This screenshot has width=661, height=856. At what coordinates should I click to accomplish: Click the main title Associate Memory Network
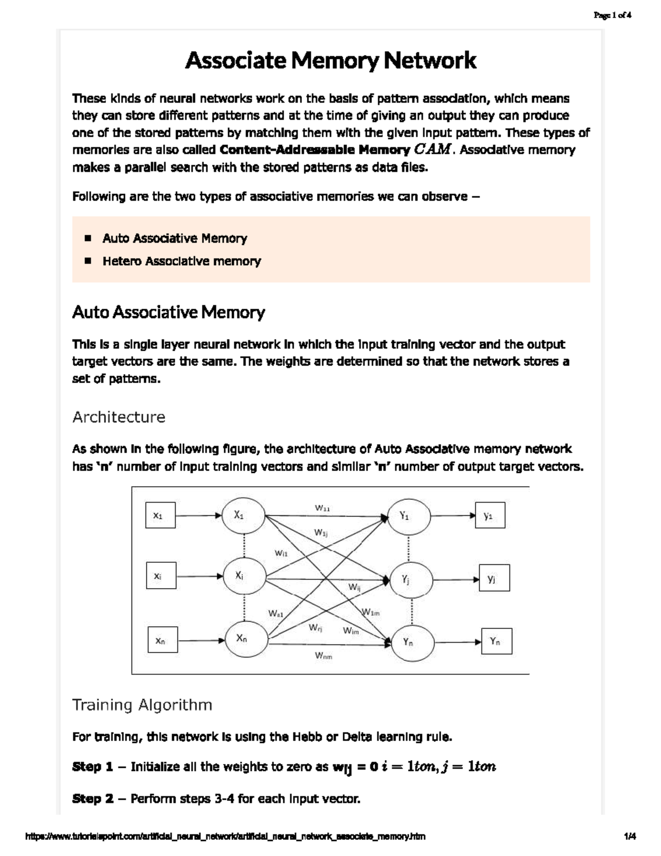pos(330,60)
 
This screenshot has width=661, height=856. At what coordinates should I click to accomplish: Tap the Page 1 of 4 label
pos(612,15)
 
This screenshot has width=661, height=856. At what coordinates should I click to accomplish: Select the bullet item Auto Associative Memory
pos(175,238)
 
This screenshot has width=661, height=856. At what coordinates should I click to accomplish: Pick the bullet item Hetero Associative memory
pos(181,261)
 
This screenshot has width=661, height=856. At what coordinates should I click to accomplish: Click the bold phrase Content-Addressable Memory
pos(315,150)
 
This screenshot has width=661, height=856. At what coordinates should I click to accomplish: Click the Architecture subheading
pos(118,417)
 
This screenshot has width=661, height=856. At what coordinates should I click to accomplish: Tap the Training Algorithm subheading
pos(142,705)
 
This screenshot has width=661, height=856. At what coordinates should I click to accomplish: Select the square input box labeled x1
pos(160,515)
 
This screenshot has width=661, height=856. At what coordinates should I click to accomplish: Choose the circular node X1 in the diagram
pos(243,516)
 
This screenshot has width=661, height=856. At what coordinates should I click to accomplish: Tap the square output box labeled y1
pos(490,516)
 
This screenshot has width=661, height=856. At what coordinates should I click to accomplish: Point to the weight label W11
pos(322,508)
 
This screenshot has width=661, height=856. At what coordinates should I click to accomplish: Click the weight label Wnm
pos(323,656)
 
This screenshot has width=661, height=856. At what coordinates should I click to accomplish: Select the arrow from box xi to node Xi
pos(199,577)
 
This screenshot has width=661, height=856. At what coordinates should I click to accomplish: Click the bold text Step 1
pos(93,767)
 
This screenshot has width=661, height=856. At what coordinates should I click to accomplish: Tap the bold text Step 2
pos(93,799)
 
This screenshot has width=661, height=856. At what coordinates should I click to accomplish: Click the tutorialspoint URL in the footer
pos(226,837)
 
